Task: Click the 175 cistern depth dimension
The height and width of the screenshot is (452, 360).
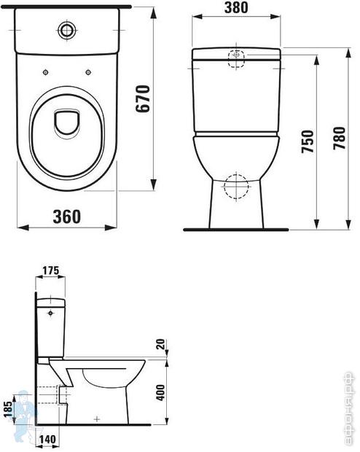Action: (x=51, y=270)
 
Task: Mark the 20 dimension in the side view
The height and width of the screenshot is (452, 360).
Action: (x=160, y=345)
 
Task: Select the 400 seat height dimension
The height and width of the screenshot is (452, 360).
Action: (x=160, y=394)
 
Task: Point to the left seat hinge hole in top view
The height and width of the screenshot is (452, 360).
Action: (x=46, y=71)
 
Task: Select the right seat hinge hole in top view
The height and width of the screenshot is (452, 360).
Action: (x=88, y=71)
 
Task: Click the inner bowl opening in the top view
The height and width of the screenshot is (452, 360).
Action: (x=67, y=122)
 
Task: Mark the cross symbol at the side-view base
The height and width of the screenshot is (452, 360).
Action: (x=96, y=418)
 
